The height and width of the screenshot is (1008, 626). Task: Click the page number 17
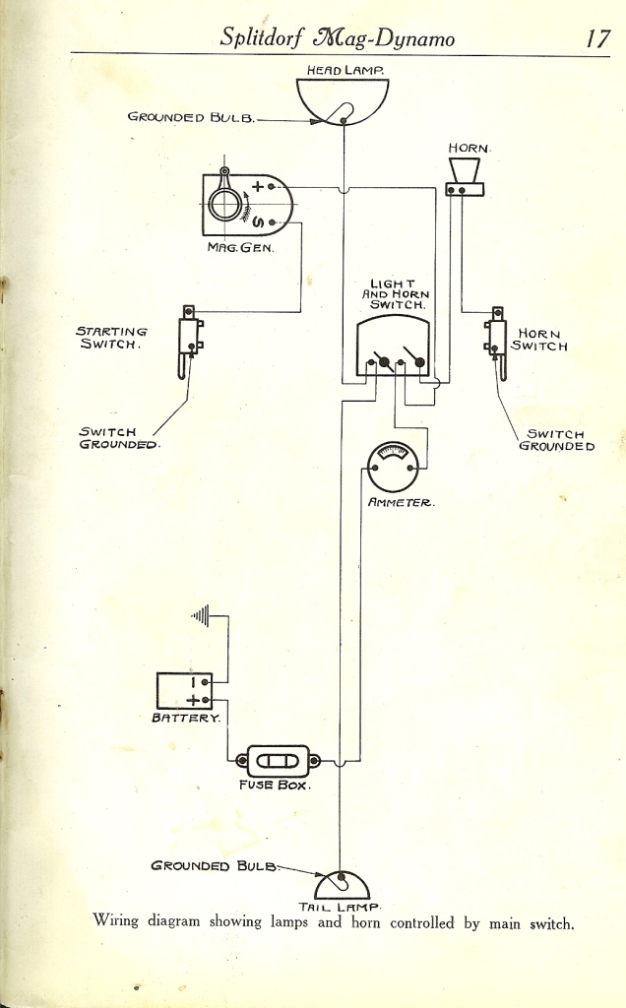[597, 38]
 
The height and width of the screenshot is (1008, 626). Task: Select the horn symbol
[464, 177]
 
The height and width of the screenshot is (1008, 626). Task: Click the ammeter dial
[393, 467]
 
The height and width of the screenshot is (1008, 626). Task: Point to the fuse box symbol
[278, 761]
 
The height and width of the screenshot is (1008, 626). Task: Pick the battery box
[184, 691]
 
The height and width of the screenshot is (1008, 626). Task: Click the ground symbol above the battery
[201, 616]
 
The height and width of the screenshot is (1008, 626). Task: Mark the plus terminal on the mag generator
[272, 186]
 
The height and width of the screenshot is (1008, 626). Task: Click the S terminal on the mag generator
[272, 223]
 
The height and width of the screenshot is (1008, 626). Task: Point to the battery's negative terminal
[205, 682]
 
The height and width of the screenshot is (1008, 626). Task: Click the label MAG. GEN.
[240, 247]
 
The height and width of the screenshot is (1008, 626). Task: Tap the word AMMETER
[401, 503]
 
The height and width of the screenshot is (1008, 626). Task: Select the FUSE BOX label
[275, 785]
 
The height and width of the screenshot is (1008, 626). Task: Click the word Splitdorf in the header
[263, 38]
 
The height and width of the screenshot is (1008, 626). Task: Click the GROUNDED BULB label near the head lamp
[191, 117]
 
